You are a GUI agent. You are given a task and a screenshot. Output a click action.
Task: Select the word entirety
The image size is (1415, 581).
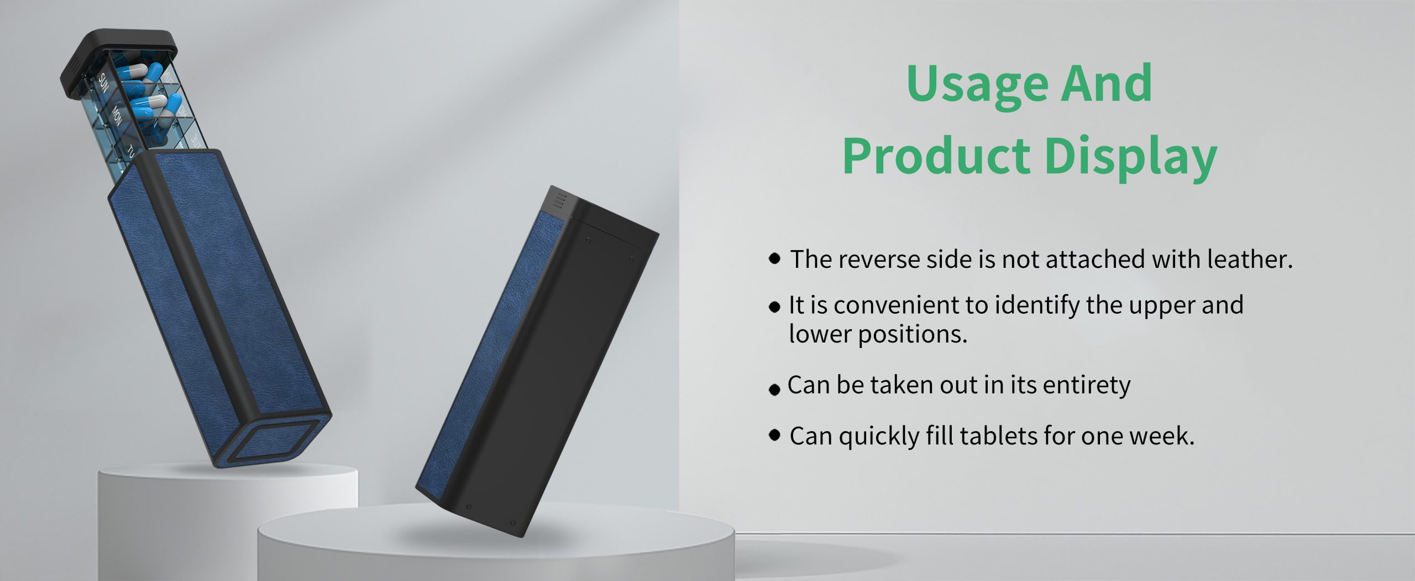pyautogui.click(x=1087, y=385)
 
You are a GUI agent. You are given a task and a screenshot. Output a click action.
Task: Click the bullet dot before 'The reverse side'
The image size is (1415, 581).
pyautogui.click(x=775, y=258)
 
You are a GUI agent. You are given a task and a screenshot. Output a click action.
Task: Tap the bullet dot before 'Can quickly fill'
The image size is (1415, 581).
pyautogui.click(x=775, y=435)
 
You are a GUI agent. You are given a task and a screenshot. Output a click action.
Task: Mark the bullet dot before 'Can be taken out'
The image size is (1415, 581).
pyautogui.click(x=775, y=390)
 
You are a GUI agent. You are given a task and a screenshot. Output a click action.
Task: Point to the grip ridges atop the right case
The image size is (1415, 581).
pyautogui.click(x=560, y=200)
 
